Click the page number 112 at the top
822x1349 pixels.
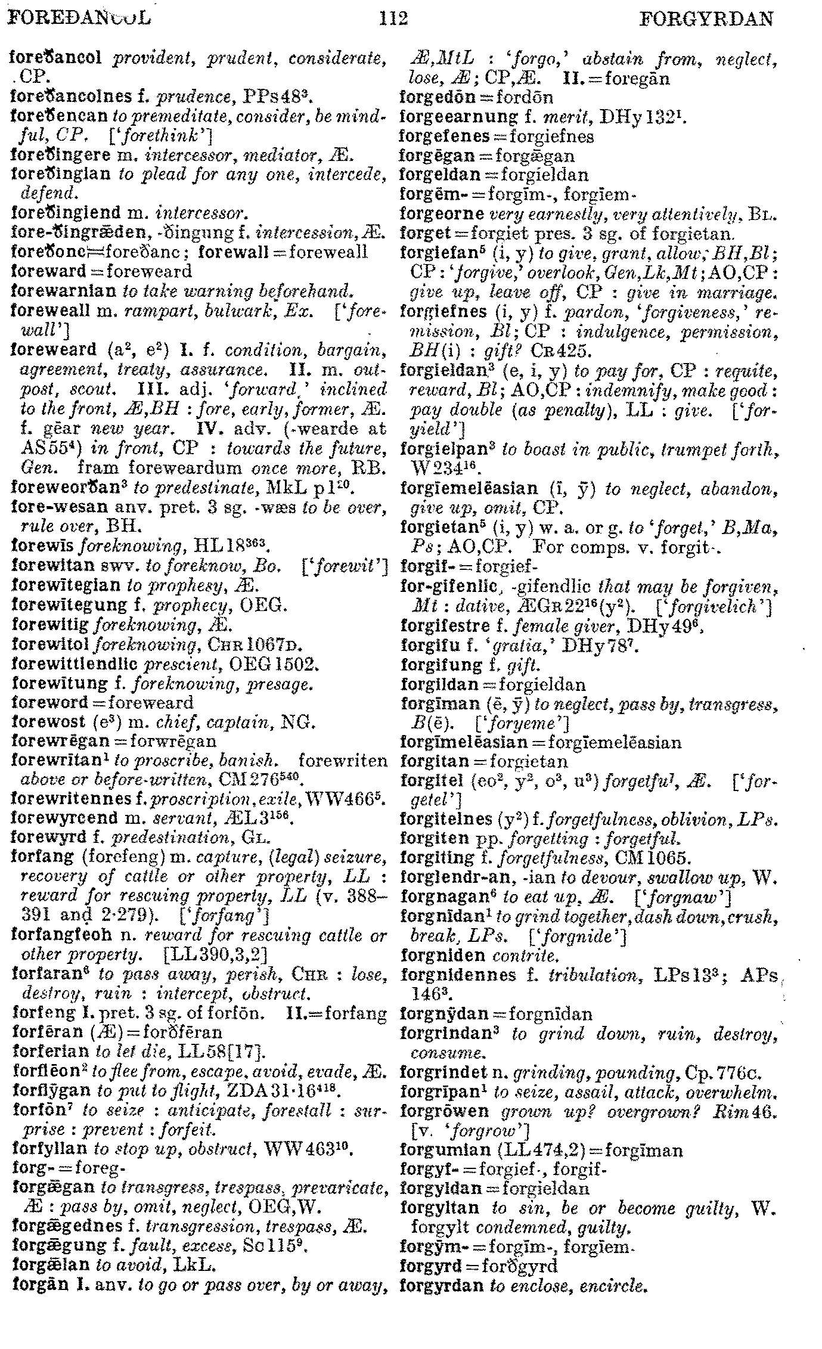click(393, 19)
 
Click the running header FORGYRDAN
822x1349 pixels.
click(706, 20)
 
